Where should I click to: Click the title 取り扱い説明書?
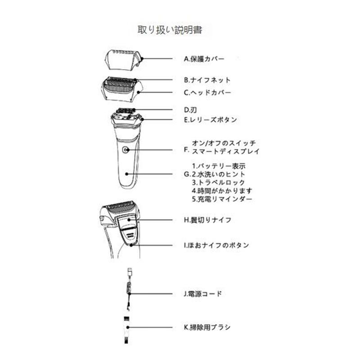[x=170, y=30]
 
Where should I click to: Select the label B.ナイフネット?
[x=207, y=80]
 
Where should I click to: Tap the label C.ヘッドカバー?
[x=207, y=92]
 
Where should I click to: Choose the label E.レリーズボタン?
[x=210, y=120]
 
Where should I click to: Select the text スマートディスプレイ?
[x=222, y=152]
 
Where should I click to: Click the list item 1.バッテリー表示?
[x=218, y=166]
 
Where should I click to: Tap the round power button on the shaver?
[x=125, y=150]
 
